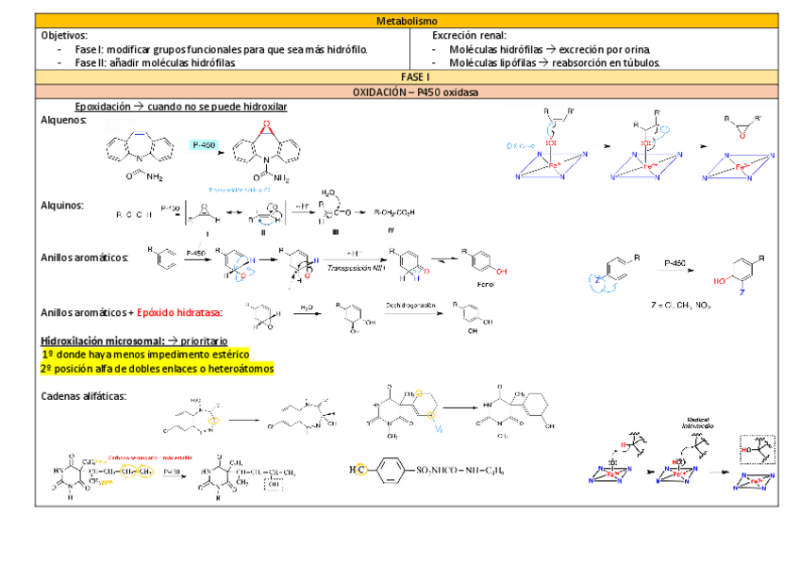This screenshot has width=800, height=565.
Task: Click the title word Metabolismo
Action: click(x=407, y=21)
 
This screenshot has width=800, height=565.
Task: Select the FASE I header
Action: click(x=407, y=76)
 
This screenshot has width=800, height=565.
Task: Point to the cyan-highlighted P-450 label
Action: click(x=204, y=145)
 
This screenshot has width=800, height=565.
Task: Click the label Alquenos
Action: click(x=64, y=121)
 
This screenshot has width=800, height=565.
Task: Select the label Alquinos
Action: click(x=62, y=205)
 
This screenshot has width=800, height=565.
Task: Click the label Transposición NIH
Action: click(x=352, y=268)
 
